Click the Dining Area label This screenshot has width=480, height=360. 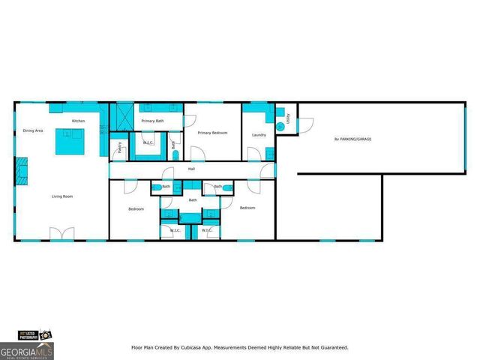tap(32, 130)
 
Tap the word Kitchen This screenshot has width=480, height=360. tap(78, 121)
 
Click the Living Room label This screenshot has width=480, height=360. tap(62, 196)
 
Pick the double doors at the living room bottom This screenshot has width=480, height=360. tap(62, 233)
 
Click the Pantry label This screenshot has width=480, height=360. tap(118, 148)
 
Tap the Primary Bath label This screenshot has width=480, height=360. tap(153, 120)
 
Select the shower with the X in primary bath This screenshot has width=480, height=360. tap(121, 117)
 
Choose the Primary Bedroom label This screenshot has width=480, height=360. tap(212, 133)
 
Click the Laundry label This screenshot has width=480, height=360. tap(259, 135)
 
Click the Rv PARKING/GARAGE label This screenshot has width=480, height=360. tap(352, 139)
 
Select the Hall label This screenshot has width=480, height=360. tap(191, 169)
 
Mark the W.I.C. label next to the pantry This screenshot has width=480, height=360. tap(148, 142)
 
